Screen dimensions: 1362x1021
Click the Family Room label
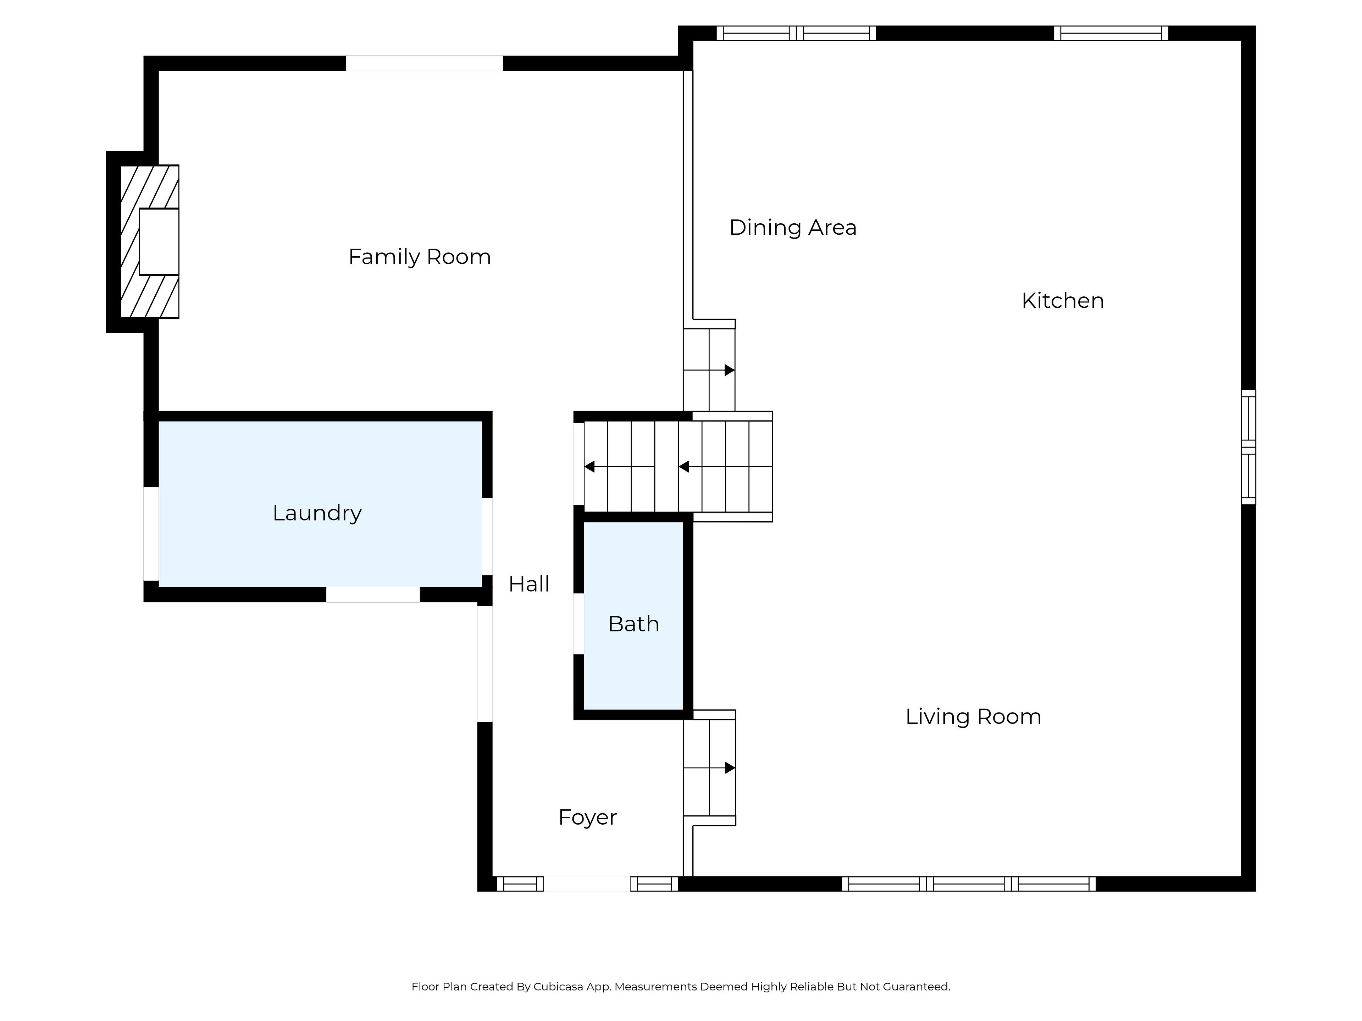(419, 257)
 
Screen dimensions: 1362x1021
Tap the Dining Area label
(792, 228)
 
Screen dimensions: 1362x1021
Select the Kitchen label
(1062, 301)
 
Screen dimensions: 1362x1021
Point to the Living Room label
(973, 716)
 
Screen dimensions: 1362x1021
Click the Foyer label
(587, 817)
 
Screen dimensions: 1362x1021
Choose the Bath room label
(633, 624)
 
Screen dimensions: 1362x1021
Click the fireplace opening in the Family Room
(159, 241)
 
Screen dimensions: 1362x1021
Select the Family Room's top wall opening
(424, 63)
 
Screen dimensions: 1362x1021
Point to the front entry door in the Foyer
(587, 884)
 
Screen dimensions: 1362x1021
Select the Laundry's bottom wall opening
(373, 595)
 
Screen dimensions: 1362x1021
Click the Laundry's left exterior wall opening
(151, 534)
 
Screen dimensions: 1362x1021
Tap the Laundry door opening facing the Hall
(487, 536)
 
